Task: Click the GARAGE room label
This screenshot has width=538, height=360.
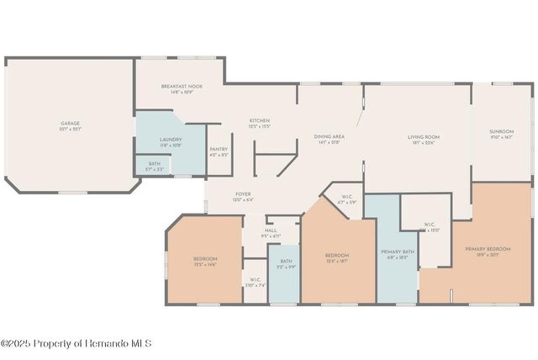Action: tap(70, 124)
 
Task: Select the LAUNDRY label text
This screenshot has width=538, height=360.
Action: tap(171, 140)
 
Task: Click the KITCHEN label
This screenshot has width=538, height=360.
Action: tap(259, 121)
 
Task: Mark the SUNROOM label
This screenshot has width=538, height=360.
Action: tap(502, 131)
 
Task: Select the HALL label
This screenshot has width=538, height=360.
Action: tap(271, 230)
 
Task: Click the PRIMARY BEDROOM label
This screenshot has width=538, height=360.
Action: tap(488, 249)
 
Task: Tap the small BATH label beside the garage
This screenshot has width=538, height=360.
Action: tap(154, 164)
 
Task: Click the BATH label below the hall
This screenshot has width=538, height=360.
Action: tap(286, 262)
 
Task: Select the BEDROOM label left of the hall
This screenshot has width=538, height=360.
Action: tap(205, 258)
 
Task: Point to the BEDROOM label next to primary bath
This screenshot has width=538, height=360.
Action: tap(337, 255)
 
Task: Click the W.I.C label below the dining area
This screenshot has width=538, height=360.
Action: tap(346, 198)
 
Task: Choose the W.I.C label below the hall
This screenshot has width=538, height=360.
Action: tap(255, 280)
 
